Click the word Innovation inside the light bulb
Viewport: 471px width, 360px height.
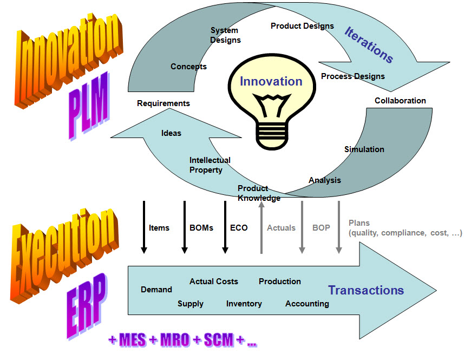tap(271, 81)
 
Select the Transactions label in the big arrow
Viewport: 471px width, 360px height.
tap(366, 290)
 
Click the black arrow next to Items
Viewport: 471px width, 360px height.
tap(144, 227)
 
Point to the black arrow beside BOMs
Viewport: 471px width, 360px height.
tap(185, 227)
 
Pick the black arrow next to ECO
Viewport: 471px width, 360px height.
tap(225, 227)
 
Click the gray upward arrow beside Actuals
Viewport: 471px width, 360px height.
tap(261, 227)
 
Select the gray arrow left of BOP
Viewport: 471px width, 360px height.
tap(302, 227)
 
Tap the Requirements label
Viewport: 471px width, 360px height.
tap(163, 103)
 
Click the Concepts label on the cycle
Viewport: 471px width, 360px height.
tap(188, 67)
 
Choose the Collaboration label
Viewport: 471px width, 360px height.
tap(400, 100)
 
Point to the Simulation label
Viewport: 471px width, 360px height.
tap(364, 149)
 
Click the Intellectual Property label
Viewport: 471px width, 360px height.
tap(210, 165)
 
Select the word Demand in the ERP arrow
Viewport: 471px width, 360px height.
tap(156, 290)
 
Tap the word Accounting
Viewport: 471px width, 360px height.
tap(307, 304)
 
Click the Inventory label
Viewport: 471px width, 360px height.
tap(244, 304)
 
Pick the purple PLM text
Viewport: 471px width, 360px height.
tap(89, 103)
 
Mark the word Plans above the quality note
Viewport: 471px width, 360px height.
tap(359, 222)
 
